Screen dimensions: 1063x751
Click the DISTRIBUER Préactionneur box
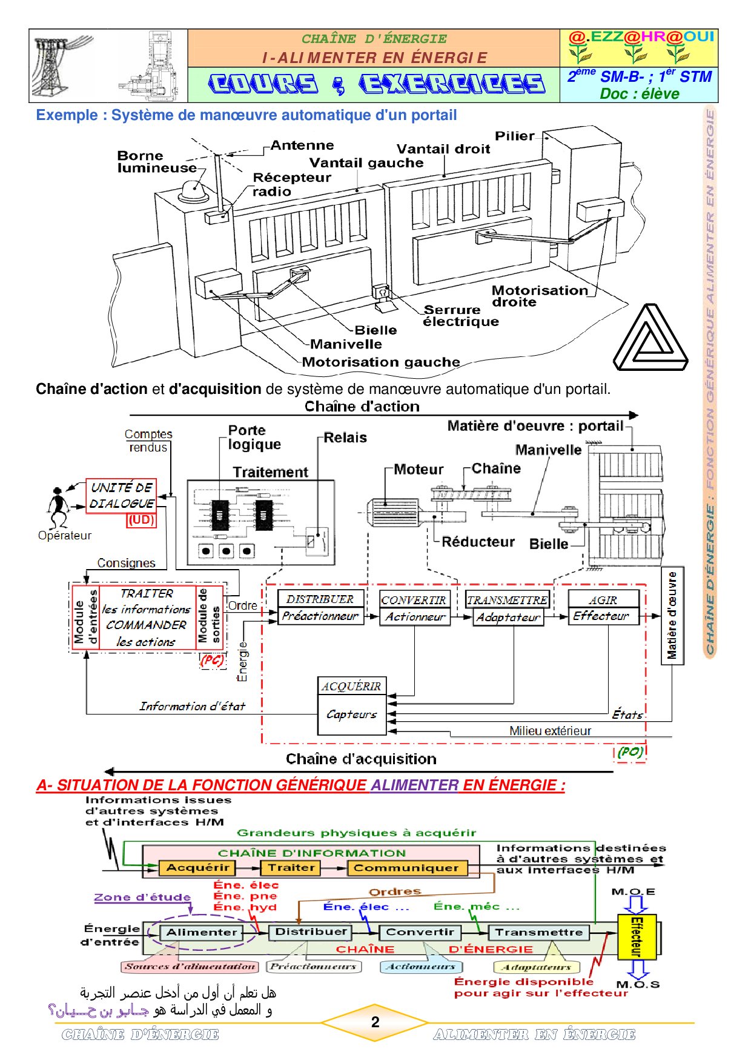point(320,608)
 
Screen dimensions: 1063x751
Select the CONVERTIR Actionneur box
point(415,608)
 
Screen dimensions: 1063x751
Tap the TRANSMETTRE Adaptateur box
point(508,608)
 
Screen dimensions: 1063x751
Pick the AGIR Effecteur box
point(603,608)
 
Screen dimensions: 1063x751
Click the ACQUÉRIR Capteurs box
point(352,706)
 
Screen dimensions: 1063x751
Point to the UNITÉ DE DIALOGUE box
point(121,496)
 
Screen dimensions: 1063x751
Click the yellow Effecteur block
point(637,936)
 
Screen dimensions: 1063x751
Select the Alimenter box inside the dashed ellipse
point(202,932)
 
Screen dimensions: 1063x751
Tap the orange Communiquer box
point(407,868)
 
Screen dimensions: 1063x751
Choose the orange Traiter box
point(291,868)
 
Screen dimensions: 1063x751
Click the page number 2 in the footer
point(375,1022)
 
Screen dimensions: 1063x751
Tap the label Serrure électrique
point(460,316)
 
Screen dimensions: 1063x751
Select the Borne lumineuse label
point(157,162)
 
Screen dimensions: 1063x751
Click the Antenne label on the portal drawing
point(302,145)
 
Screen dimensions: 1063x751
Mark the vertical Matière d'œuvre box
point(672,616)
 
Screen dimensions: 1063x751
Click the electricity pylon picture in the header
point(61,66)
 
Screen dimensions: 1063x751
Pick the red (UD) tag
point(141,520)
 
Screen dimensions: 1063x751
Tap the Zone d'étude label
point(142,898)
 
